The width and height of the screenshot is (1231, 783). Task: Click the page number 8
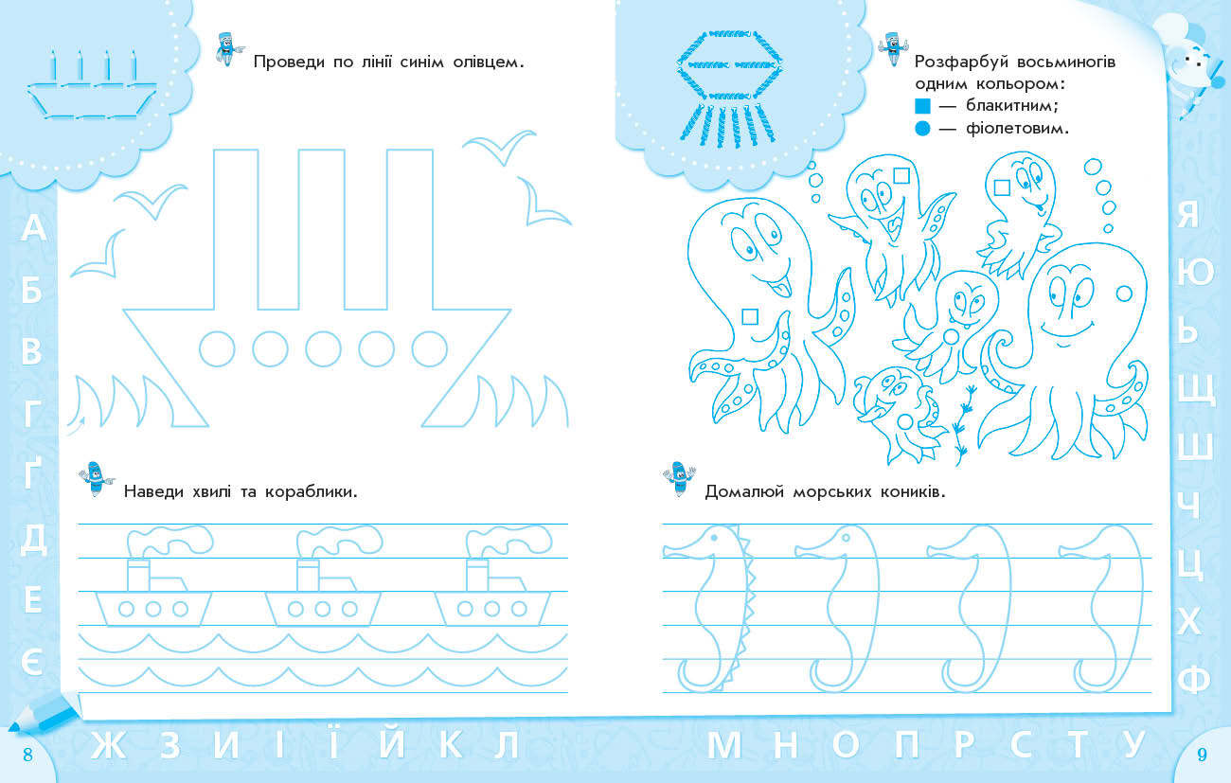[x=28, y=755]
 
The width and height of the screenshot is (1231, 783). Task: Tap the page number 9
[x=1202, y=755]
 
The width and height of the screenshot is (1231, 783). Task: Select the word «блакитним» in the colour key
[x=1011, y=104]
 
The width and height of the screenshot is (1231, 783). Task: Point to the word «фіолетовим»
[x=1017, y=129]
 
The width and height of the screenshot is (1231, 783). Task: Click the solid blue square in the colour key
[x=922, y=105]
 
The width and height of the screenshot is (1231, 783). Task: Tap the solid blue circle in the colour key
[x=922, y=129]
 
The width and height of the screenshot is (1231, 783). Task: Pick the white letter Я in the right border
[x=1188, y=214]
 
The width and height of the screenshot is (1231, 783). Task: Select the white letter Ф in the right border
[x=1195, y=679]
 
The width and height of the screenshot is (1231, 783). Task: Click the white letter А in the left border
[x=33, y=227]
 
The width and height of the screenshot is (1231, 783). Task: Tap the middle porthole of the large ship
[x=323, y=349]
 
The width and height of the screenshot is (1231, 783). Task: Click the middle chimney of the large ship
[x=322, y=229]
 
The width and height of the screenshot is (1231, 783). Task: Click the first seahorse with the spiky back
[x=709, y=608]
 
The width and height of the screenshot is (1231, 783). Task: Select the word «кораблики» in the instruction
[x=311, y=491]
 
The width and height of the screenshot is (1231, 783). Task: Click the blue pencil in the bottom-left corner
[x=43, y=713]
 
